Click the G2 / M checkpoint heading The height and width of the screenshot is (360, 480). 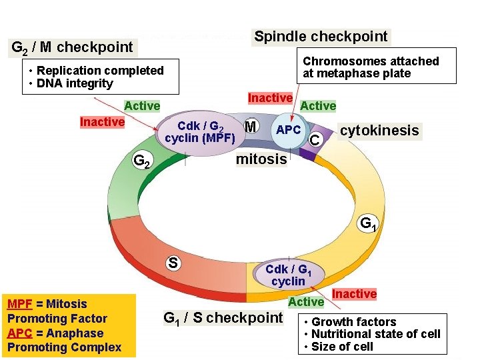[73, 47]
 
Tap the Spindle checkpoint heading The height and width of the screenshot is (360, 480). [321, 37]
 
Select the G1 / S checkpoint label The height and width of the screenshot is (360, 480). [223, 318]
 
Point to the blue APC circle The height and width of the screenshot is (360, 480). [288, 130]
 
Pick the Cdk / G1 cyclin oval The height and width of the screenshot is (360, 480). [289, 275]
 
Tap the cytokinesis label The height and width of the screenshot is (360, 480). [379, 131]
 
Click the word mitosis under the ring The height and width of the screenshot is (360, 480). [261, 159]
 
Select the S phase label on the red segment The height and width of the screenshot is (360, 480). [172, 262]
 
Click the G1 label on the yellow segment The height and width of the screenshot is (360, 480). [368, 223]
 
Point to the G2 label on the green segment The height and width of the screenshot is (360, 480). [142, 161]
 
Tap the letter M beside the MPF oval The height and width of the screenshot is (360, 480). [251, 126]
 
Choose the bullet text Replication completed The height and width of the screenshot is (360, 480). [100, 71]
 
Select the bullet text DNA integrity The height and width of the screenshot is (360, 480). [75, 83]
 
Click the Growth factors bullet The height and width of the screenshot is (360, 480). [353, 322]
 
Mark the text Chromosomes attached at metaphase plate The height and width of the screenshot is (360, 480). [371, 67]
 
